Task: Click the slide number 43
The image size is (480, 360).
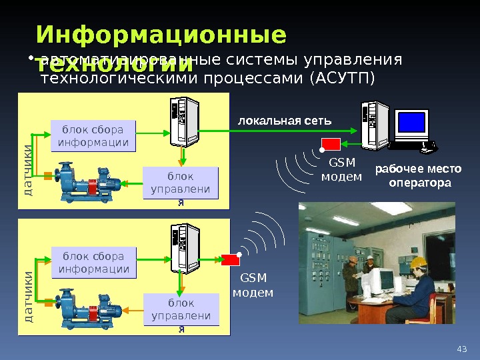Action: point(461,348)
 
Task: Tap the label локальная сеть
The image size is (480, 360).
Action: point(285,121)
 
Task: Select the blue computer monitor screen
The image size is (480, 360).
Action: point(411,122)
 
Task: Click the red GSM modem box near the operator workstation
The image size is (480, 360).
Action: point(331,144)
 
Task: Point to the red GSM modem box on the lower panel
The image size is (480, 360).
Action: point(231,260)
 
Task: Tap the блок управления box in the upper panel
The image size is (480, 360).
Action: point(181,183)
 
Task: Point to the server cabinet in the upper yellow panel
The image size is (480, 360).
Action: point(184,121)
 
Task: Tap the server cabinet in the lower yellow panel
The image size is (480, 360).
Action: point(184,247)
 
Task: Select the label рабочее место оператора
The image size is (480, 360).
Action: point(413,176)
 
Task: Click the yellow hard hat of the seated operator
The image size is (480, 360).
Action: point(419,263)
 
